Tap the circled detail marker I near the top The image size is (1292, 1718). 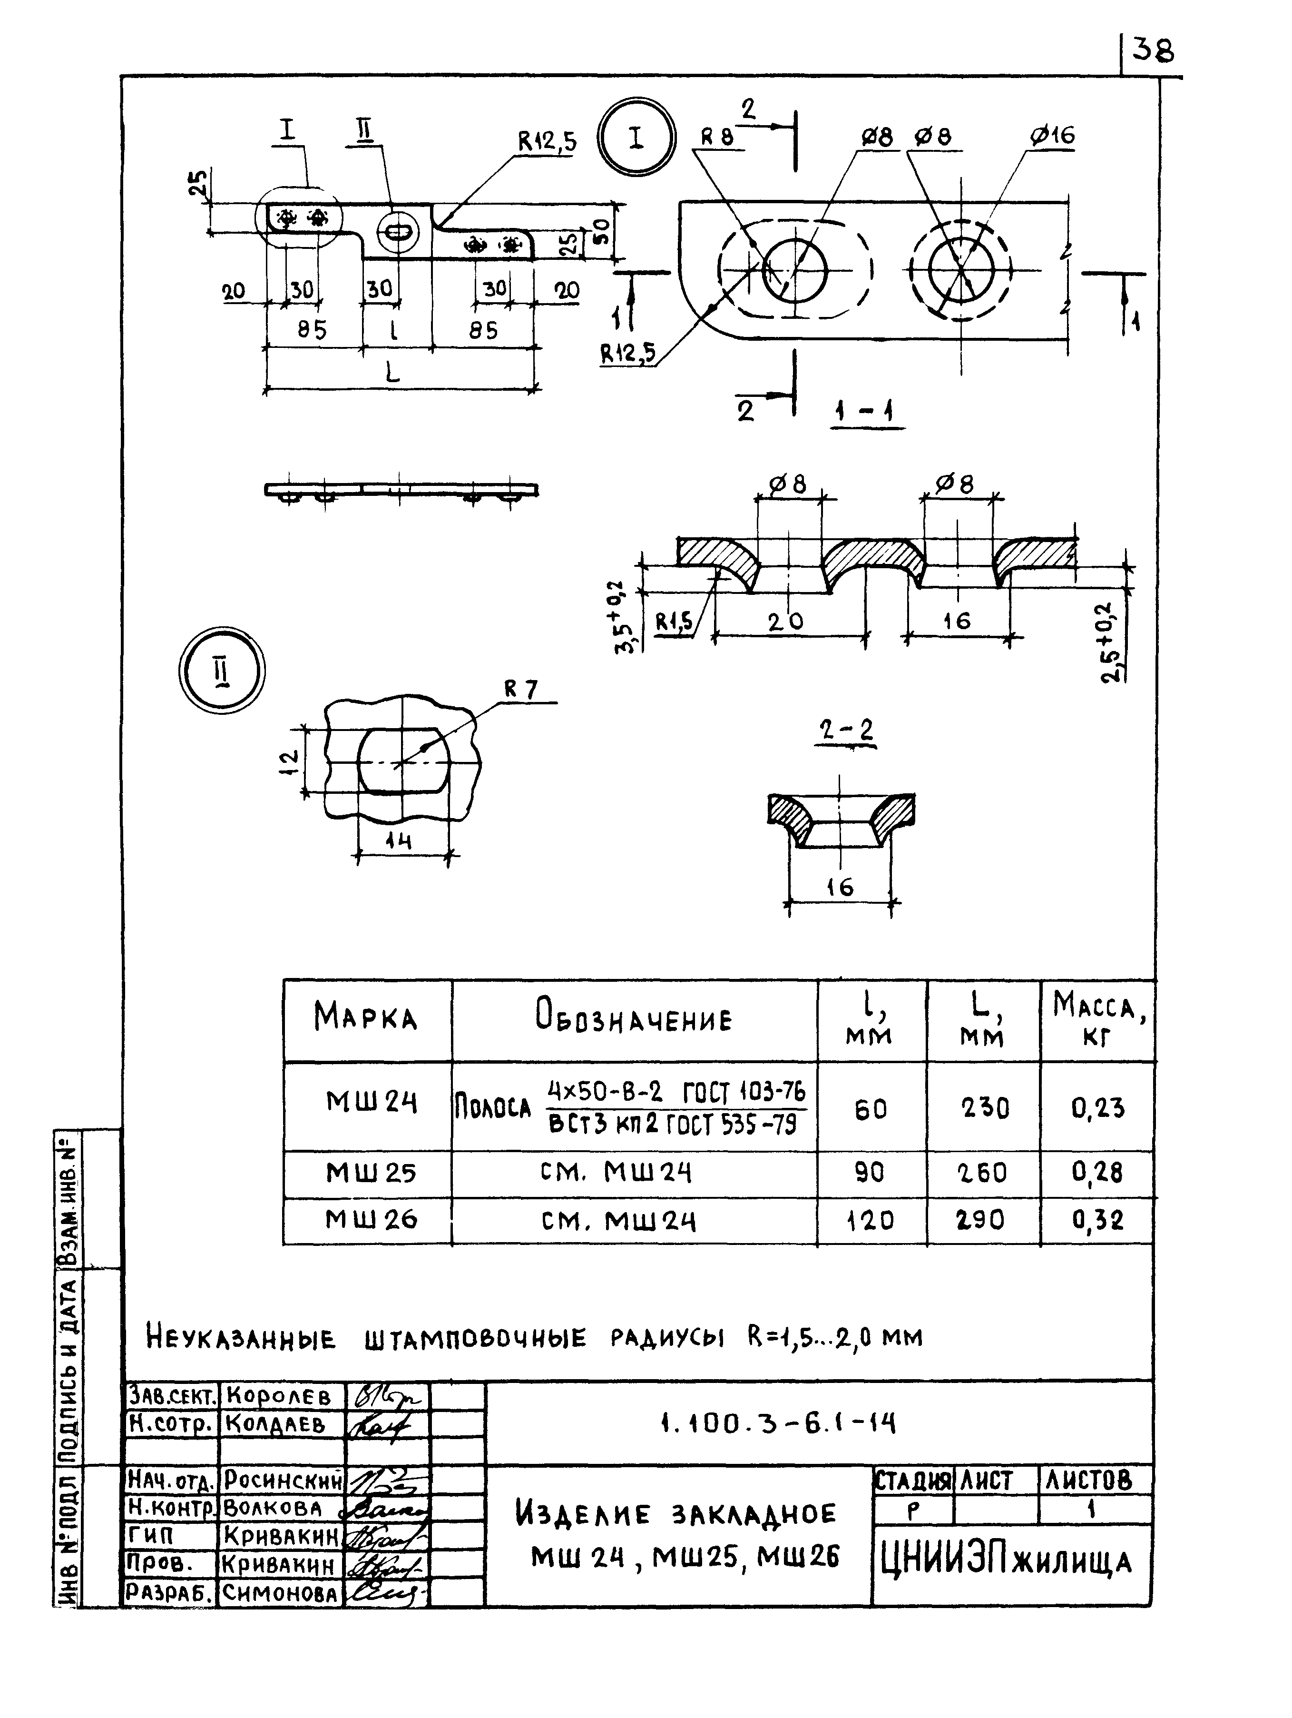tap(636, 138)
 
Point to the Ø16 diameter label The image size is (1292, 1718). tap(1052, 136)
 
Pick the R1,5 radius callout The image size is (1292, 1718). tap(674, 622)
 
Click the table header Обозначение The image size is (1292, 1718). tap(634, 1019)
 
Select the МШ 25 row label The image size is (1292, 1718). tap(371, 1173)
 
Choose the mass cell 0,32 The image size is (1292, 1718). tap(1097, 1221)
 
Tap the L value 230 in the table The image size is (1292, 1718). tap(985, 1108)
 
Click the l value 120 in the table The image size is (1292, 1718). tap(870, 1221)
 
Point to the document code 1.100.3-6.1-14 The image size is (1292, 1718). tap(776, 1423)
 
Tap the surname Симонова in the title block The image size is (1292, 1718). tap(280, 1594)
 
